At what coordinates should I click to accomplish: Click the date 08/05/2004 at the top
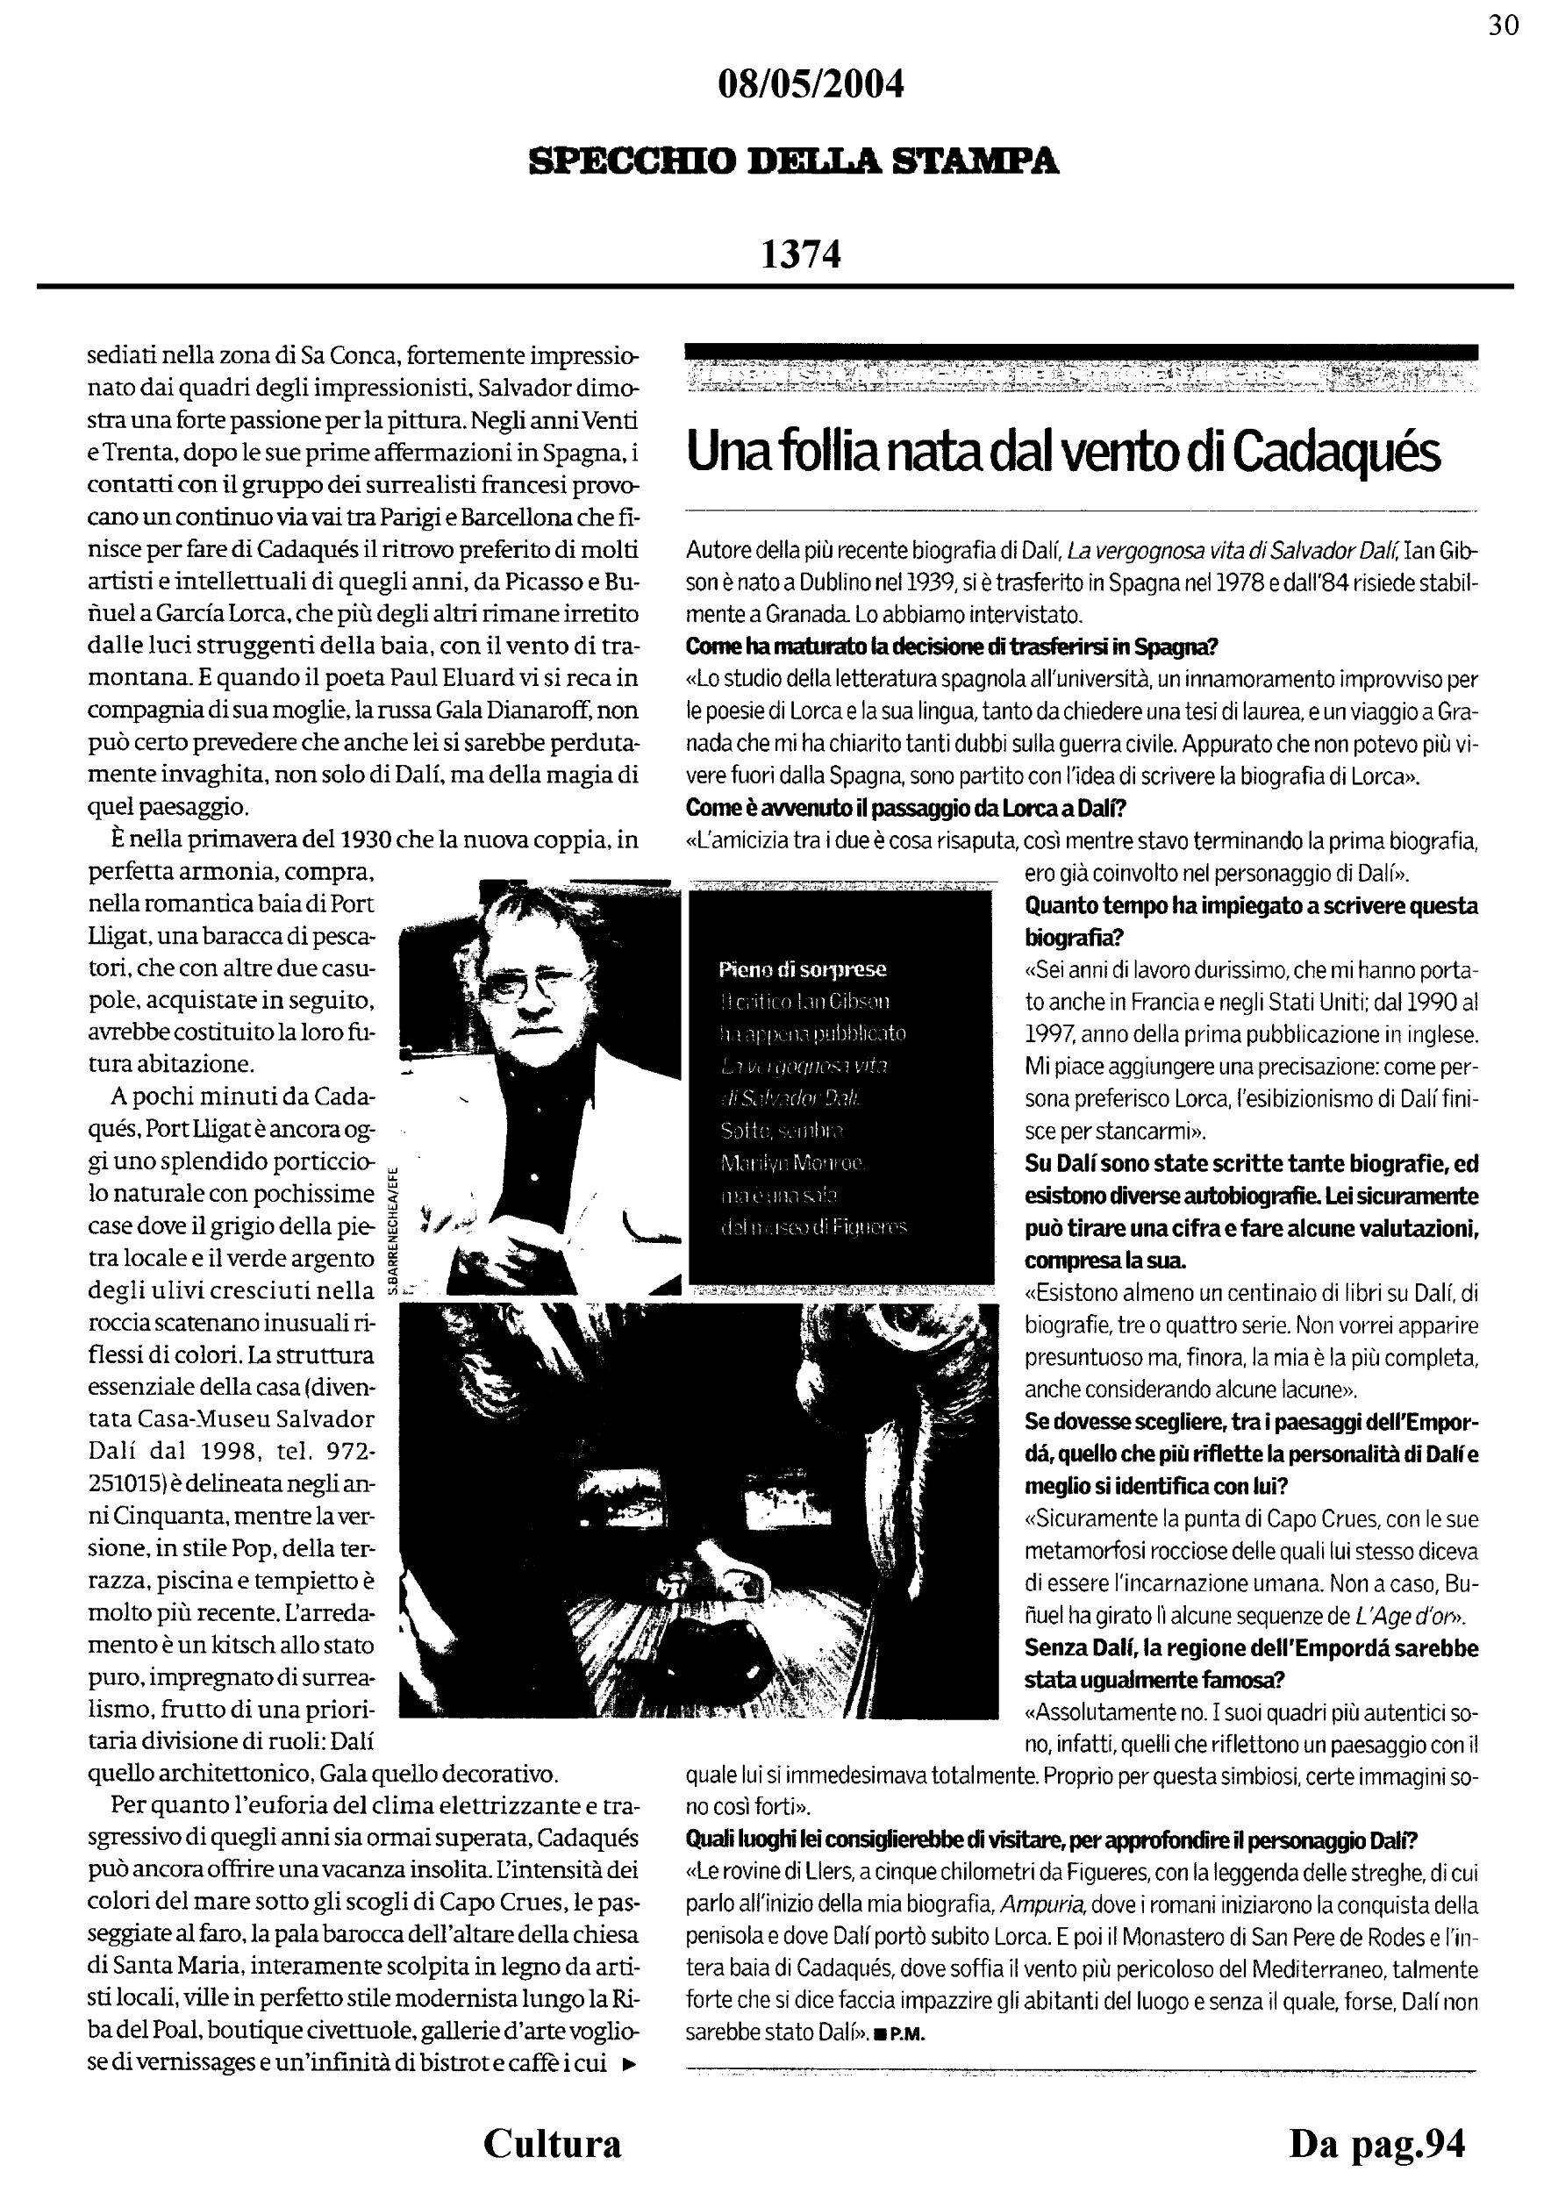tap(810, 86)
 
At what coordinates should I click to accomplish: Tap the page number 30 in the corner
tap(1504, 25)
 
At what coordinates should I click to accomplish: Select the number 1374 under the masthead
tap(800, 254)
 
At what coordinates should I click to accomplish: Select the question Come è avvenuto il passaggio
tap(906, 809)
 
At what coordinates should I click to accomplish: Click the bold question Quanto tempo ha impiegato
tap(1251, 905)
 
